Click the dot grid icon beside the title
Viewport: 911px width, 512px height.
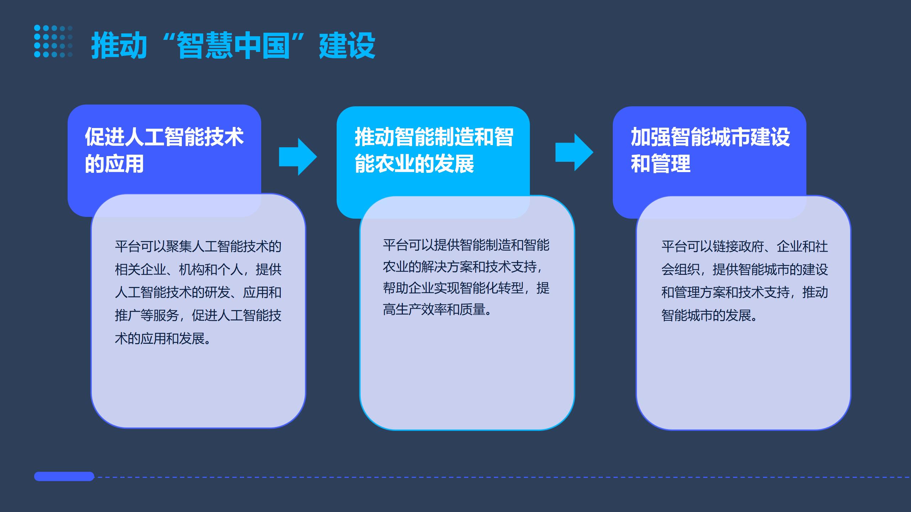tap(53, 41)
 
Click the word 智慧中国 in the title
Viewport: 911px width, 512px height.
tap(233, 46)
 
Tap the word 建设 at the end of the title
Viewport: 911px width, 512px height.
tap(347, 46)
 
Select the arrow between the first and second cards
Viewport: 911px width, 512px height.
tap(298, 157)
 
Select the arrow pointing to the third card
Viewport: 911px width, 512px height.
tap(574, 152)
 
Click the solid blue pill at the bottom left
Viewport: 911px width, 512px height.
tap(64, 476)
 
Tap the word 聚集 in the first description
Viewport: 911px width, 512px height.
tap(179, 246)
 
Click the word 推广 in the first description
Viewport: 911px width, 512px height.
tap(127, 315)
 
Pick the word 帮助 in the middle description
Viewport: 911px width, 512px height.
tap(395, 288)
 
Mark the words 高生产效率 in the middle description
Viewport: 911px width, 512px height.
tap(415, 310)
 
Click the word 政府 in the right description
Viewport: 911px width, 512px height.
tap(751, 246)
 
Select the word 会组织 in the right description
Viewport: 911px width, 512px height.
tap(680, 270)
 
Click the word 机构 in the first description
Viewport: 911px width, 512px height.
tap(191, 270)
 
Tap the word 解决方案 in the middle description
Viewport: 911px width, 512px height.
tap(447, 267)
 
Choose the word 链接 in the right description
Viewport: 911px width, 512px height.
tap(725, 246)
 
